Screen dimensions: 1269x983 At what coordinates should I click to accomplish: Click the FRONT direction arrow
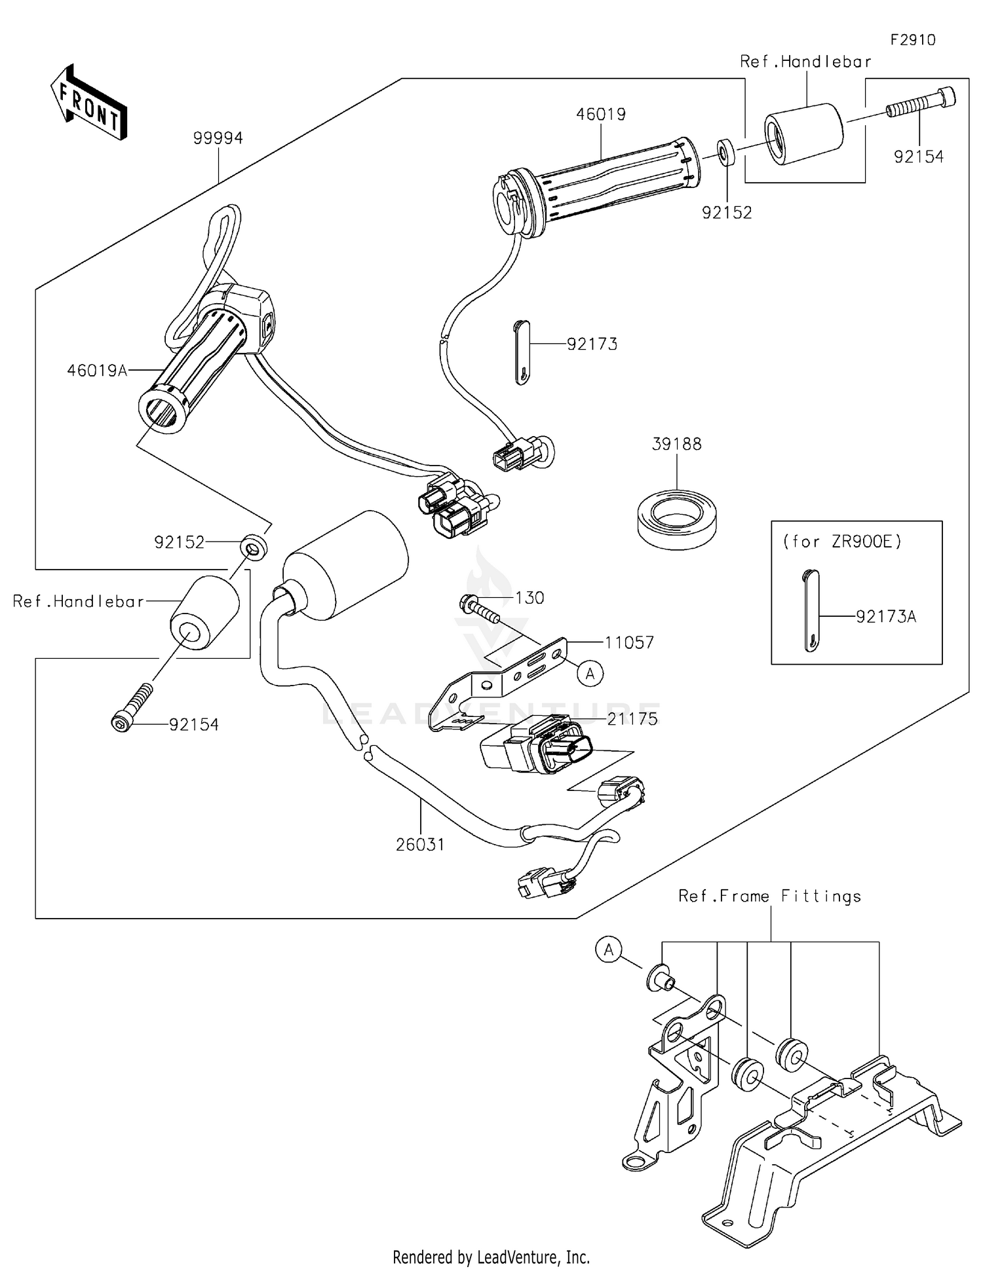[x=88, y=103]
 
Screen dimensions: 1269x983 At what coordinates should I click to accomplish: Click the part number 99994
[x=218, y=138]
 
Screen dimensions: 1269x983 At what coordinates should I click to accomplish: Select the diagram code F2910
[x=912, y=40]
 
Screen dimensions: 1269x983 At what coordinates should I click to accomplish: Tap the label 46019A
[x=96, y=371]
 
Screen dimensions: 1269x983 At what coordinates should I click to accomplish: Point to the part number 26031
[x=420, y=845]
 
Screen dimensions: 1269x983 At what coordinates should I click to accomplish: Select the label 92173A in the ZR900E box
[x=885, y=616]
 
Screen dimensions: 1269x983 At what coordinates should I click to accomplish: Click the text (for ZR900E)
[x=842, y=542]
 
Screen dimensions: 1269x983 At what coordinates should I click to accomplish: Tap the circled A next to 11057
[x=590, y=672]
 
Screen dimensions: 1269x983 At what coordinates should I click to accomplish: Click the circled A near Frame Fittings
[x=609, y=949]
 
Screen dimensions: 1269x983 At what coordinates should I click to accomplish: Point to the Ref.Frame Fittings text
[x=769, y=896]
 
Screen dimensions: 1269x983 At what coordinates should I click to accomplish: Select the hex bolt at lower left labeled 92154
[x=131, y=708]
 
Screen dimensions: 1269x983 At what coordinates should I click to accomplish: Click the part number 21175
[x=632, y=719]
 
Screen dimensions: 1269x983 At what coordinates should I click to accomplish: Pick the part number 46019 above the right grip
[x=600, y=114]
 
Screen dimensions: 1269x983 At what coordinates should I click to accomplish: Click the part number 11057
[x=628, y=642]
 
